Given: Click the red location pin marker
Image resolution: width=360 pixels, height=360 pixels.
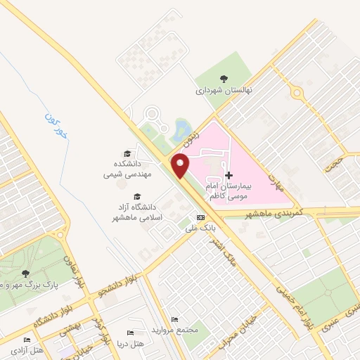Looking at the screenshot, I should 181,165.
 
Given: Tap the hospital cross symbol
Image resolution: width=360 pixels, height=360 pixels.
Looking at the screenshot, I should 228,175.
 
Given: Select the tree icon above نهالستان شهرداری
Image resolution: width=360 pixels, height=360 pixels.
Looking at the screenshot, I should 224,78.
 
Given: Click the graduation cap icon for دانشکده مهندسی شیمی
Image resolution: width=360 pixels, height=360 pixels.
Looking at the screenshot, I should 127,153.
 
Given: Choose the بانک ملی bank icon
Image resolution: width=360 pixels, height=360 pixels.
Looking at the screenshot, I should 201,217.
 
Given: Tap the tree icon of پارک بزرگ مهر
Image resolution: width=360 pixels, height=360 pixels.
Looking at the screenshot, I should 26,274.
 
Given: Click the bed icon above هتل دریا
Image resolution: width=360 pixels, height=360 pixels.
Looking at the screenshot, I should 129,333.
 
